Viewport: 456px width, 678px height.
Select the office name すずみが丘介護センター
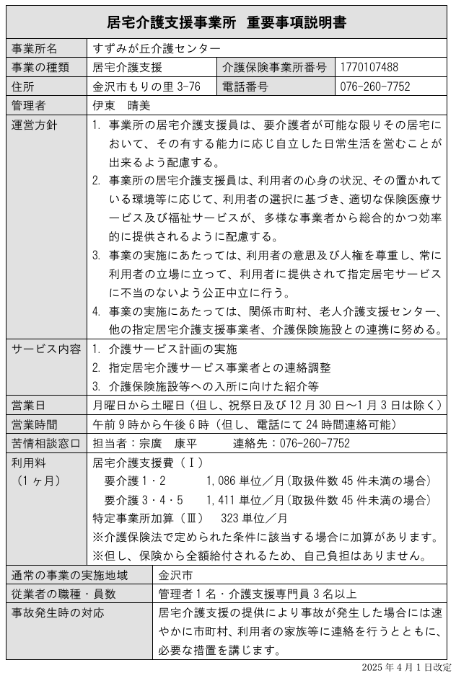point(157,49)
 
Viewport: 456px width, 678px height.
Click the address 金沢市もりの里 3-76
point(146,87)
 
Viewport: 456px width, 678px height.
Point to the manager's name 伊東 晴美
point(120,106)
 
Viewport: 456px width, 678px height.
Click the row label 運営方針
point(35,125)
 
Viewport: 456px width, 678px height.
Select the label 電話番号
point(245,87)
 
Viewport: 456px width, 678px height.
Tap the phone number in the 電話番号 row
point(375,87)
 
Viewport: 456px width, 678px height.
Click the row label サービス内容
point(46,349)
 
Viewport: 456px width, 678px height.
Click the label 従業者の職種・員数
point(64,594)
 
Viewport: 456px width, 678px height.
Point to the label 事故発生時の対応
point(58,613)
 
